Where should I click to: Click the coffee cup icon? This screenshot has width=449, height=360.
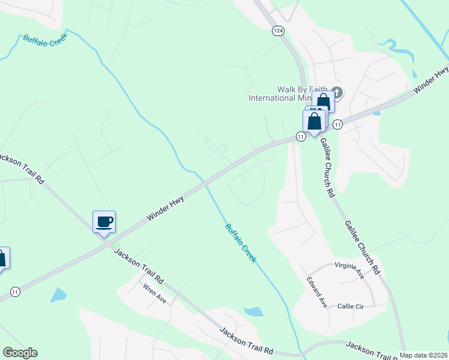104,222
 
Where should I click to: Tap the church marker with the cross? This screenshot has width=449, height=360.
336,92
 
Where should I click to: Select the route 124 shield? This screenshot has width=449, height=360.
277,31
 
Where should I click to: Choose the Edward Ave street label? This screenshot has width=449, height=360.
317,292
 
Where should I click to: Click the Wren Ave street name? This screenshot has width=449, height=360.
155,293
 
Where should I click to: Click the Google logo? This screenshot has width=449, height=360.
20,353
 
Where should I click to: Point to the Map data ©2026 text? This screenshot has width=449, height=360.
423,355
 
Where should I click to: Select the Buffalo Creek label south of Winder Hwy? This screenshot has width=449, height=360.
241,243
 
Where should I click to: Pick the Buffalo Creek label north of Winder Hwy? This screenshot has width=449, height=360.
46,37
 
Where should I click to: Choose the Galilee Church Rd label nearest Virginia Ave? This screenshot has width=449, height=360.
362,247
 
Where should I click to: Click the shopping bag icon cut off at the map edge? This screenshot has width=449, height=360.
3,258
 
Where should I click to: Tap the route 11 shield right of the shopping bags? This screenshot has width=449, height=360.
337,124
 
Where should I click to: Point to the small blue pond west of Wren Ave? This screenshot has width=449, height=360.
58,295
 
